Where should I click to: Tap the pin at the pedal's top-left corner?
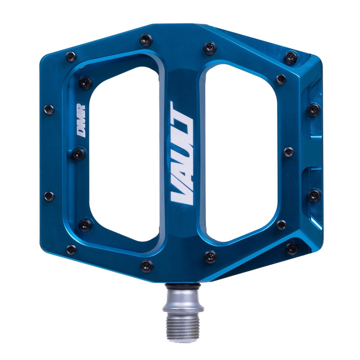(x=71, y=56)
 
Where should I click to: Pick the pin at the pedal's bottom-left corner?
(x=71, y=249)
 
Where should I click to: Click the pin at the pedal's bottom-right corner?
(x=292, y=247)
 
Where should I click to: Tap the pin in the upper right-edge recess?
(x=314, y=109)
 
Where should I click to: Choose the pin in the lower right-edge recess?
(x=314, y=195)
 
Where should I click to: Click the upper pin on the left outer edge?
(x=49, y=109)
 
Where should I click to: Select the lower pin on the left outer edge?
(x=49, y=196)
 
